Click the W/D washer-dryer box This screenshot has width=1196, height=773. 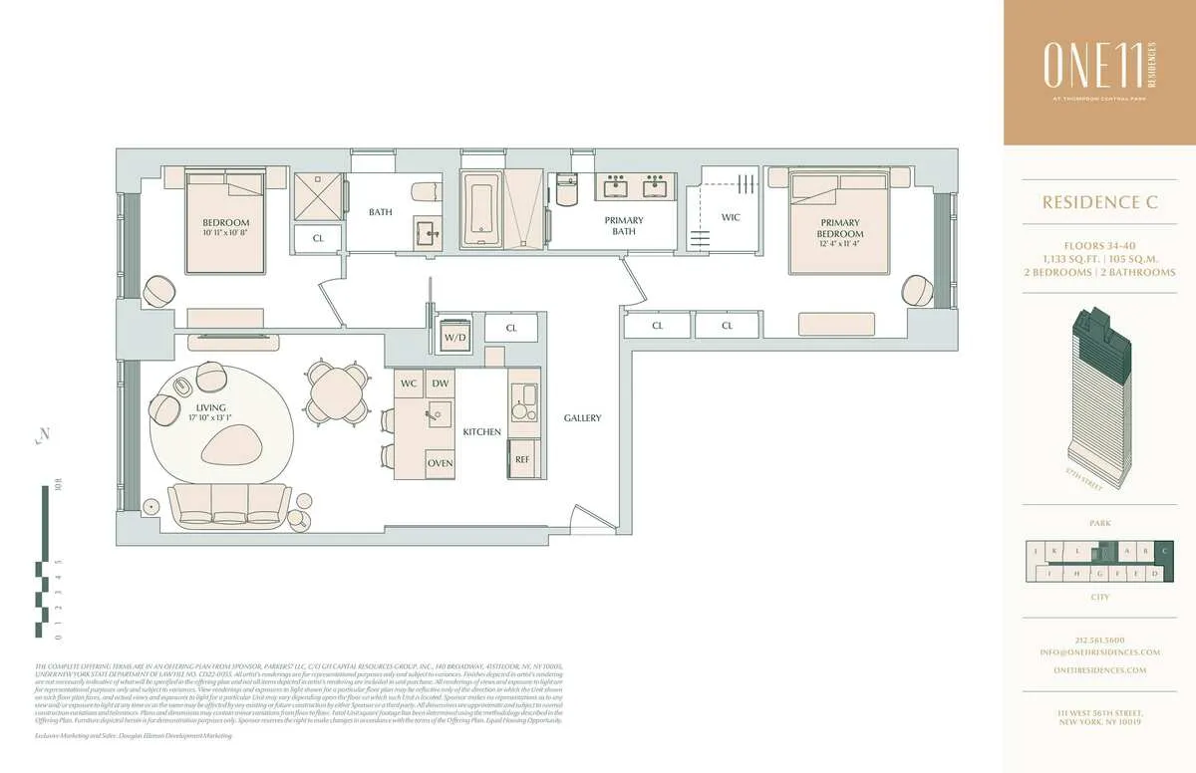pos(454,337)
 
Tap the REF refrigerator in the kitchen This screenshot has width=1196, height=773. pos(523,459)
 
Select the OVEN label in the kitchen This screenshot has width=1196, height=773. pos(441,464)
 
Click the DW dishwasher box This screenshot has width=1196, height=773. pos(440,384)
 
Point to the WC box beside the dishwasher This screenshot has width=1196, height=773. pos(409,384)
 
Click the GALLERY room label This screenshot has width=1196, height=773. pos(582,418)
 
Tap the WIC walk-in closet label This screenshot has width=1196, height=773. pos(731,217)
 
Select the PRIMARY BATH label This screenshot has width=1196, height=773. pos(624,226)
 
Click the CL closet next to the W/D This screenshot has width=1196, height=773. pos(511,328)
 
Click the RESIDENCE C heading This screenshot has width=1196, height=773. pos(1099,203)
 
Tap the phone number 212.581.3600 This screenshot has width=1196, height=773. pos(1099,640)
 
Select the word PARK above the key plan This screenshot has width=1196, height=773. pos(1099,523)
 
